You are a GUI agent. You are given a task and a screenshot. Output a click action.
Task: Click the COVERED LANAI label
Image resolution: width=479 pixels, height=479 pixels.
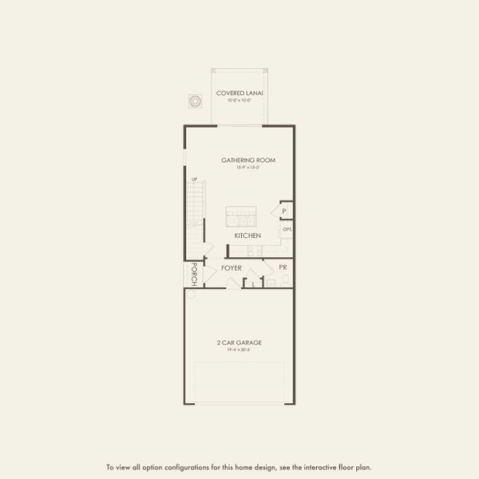240,93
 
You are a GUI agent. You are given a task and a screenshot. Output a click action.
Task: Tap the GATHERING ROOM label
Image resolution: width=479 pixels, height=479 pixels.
248,160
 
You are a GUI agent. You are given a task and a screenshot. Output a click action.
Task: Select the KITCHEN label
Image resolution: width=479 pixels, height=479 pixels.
247,236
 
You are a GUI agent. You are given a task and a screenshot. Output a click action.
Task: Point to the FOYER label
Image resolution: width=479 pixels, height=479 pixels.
232,268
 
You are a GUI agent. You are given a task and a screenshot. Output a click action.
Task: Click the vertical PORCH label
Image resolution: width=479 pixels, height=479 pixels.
193,273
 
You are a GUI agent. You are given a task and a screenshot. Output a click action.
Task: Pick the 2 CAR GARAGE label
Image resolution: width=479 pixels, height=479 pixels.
239,342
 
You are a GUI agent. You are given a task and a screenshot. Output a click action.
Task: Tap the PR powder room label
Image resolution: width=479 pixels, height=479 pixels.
283,266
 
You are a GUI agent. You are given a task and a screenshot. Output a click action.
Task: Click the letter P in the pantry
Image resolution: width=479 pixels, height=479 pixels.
285,211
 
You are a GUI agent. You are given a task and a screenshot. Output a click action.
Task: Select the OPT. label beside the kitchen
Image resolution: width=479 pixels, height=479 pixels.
287,230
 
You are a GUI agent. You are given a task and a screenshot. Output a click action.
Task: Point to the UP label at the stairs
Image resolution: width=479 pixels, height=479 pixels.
194,180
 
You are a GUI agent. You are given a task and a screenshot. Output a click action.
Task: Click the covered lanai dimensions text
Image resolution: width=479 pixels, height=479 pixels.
239,101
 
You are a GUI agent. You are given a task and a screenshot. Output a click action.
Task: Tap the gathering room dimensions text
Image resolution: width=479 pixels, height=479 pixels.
248,168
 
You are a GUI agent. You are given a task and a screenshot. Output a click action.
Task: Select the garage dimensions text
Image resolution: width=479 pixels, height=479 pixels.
239,350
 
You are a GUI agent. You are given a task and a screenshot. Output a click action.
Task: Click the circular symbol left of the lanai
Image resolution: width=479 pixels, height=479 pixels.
195,101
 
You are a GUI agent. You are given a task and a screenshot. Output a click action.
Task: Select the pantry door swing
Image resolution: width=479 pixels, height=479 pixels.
275,211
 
